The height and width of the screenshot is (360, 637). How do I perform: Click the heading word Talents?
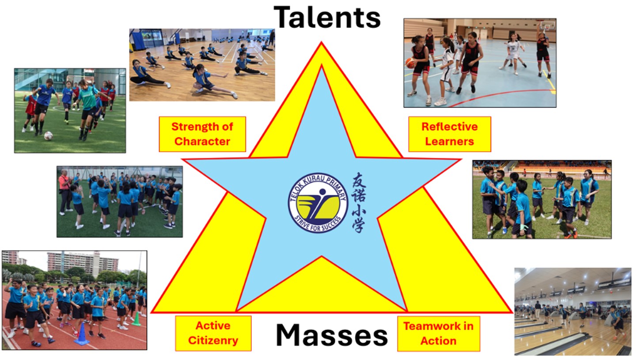327,17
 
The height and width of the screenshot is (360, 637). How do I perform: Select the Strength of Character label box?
202,134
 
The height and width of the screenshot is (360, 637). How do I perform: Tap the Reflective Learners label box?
450,134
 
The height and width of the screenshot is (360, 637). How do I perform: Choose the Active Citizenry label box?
213,333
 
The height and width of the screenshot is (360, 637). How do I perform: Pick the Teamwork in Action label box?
439,333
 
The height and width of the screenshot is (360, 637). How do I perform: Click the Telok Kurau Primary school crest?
318,203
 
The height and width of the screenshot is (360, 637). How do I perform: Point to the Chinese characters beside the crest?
359,202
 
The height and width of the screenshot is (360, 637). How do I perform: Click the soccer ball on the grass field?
48,136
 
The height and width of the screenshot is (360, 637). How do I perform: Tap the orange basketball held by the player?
410,63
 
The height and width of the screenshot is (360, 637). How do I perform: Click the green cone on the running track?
136,319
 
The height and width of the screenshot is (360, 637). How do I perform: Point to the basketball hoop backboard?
547,26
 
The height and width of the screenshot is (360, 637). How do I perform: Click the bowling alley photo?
573,312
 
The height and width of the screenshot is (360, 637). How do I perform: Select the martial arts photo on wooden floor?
202,65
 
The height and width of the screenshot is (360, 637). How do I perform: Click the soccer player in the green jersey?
87,110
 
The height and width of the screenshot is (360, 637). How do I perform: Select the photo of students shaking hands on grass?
542,199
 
